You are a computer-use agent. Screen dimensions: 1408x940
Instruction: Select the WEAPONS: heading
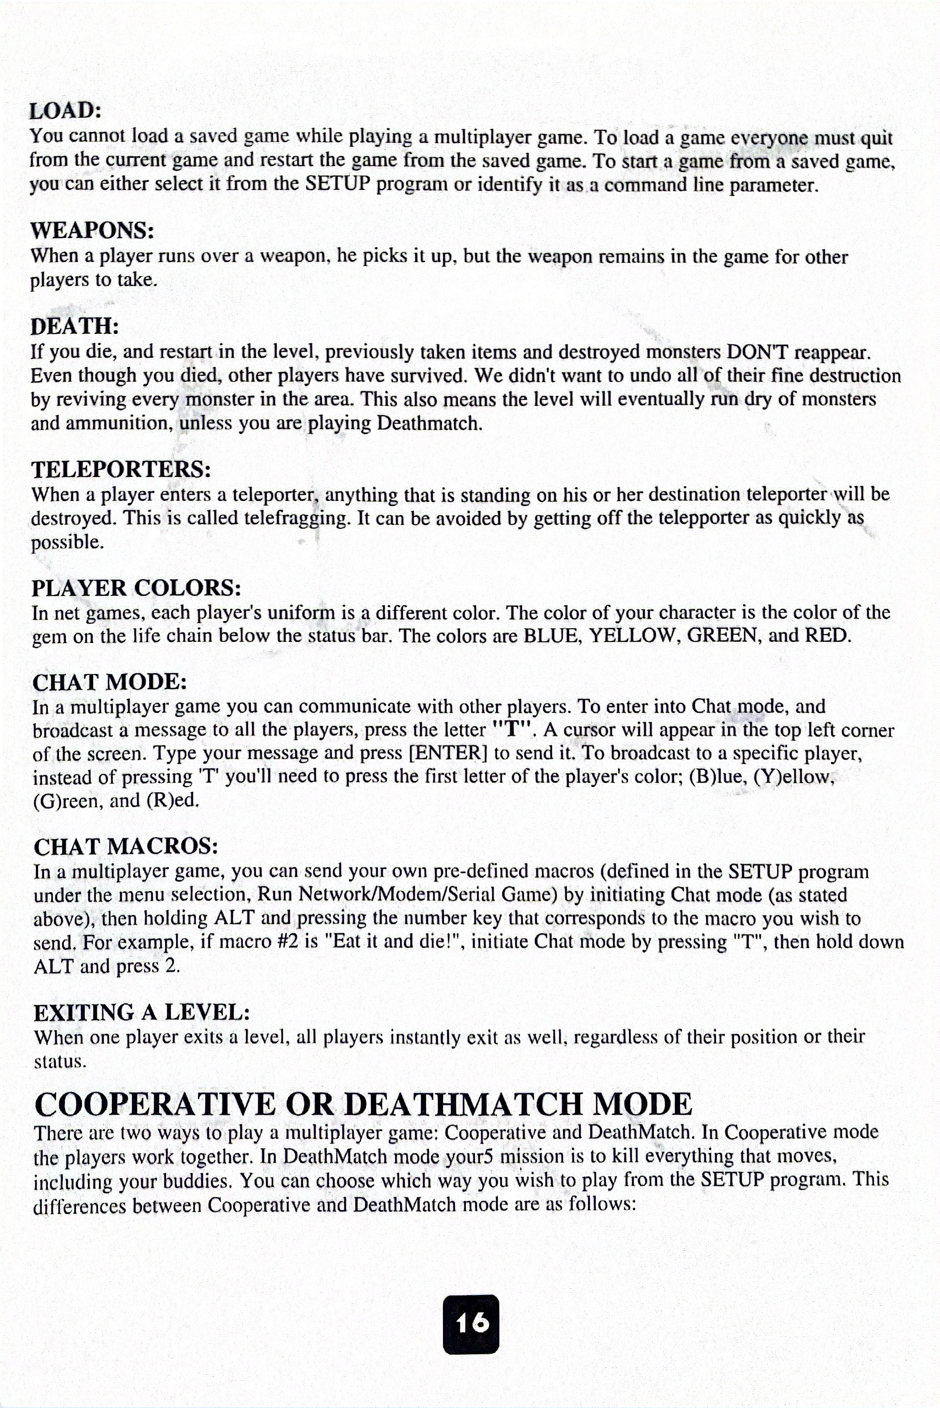coord(92,230)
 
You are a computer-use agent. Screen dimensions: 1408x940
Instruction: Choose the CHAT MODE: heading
coord(110,682)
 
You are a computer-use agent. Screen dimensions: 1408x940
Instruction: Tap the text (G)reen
coord(68,800)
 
